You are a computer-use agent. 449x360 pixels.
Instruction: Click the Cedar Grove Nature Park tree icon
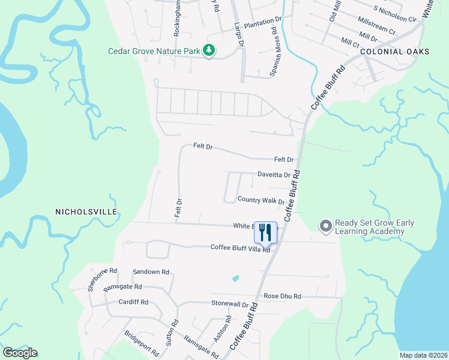(209, 51)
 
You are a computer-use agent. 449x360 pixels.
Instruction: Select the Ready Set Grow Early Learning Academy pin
(325, 226)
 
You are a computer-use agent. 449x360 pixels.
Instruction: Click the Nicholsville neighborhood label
(86, 212)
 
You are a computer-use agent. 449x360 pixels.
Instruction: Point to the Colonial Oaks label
(395, 52)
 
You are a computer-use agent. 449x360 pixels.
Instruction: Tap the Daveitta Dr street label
(274, 175)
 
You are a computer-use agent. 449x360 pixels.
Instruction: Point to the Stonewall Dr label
(229, 305)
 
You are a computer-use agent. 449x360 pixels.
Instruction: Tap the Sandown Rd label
(146, 272)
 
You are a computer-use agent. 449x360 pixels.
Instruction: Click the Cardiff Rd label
(133, 302)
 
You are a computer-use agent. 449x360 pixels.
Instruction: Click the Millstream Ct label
(376, 28)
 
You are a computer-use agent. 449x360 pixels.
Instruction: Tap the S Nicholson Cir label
(394, 14)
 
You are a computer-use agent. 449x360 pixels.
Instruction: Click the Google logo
(20, 353)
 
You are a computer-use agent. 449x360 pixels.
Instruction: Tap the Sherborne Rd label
(95, 279)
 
